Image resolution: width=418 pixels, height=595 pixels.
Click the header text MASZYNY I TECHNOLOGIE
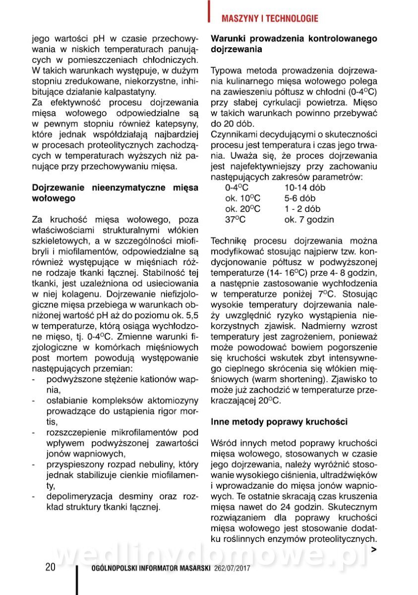[x=270, y=19]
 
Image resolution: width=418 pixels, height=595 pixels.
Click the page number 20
[x=50, y=567]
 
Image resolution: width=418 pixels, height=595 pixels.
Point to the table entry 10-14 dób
[x=304, y=188]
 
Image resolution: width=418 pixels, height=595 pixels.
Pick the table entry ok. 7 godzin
[x=309, y=219]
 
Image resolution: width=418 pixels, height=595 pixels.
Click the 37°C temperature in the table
[x=236, y=219]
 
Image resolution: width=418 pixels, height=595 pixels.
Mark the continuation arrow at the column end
[x=374, y=549]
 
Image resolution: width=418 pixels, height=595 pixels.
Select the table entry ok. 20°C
[x=242, y=209]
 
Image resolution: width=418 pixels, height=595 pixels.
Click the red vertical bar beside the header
[x=210, y=11]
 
